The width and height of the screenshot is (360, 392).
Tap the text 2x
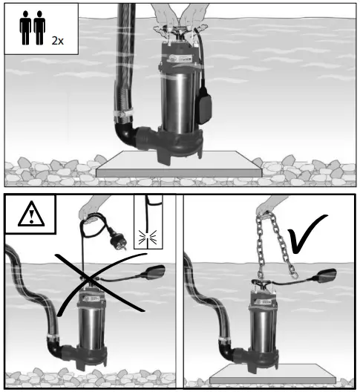point(57,40)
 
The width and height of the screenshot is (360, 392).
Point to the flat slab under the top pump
point(178,166)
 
